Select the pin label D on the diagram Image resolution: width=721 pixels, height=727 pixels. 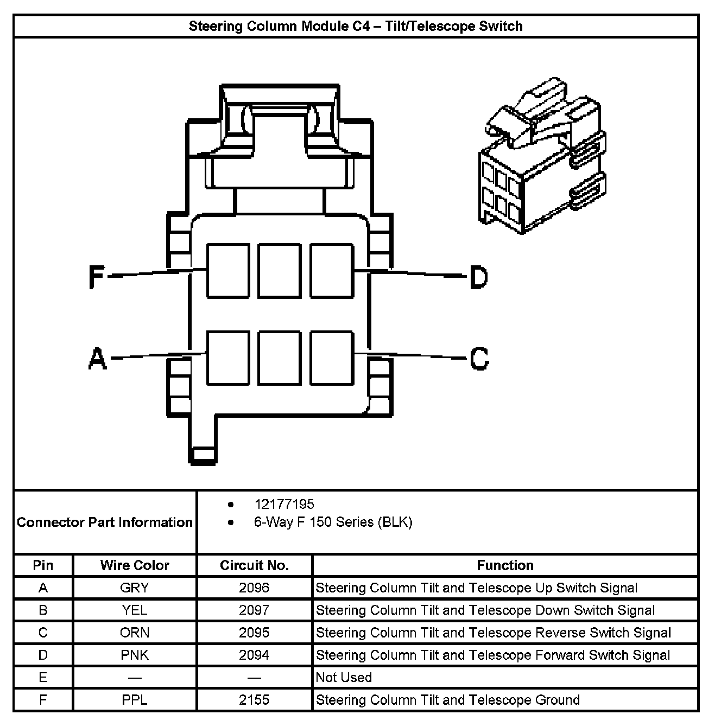click(x=478, y=277)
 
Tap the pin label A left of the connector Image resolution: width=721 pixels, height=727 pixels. click(x=97, y=359)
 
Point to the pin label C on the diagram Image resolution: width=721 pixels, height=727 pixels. click(x=479, y=359)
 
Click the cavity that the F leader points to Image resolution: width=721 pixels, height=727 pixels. click(x=228, y=271)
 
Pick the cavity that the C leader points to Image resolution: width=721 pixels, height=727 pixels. click(x=332, y=358)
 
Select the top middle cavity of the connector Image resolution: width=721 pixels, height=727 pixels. click(x=280, y=271)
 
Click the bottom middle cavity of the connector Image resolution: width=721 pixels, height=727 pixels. click(x=280, y=358)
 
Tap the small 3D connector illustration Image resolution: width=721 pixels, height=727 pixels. click(x=543, y=157)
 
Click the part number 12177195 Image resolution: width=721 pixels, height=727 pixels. click(x=284, y=505)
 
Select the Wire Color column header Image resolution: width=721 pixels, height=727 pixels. click(x=135, y=565)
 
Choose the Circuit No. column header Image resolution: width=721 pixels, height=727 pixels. click(x=254, y=565)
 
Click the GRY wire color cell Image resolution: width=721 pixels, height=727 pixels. click(x=135, y=588)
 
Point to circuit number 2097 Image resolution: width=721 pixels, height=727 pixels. click(x=254, y=610)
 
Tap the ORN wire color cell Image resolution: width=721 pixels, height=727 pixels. click(x=135, y=633)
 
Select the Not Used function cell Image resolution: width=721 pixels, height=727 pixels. click(x=344, y=678)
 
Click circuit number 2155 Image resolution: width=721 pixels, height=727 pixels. click(x=254, y=700)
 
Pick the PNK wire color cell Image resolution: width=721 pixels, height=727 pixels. click(x=135, y=655)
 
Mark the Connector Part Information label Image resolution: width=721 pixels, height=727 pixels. click(x=105, y=522)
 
